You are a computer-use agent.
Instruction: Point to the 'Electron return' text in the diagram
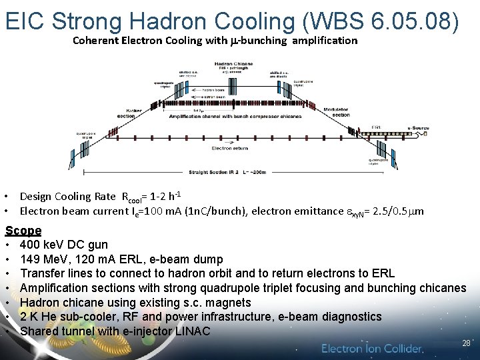[x=231, y=148]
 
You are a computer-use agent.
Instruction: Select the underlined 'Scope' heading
[x=23, y=231]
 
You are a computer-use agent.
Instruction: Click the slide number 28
[x=466, y=343]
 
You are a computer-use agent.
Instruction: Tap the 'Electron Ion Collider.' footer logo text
[x=372, y=349]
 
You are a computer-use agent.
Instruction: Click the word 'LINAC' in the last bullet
[x=191, y=331]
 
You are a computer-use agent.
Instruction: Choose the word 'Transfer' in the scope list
[x=42, y=273]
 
